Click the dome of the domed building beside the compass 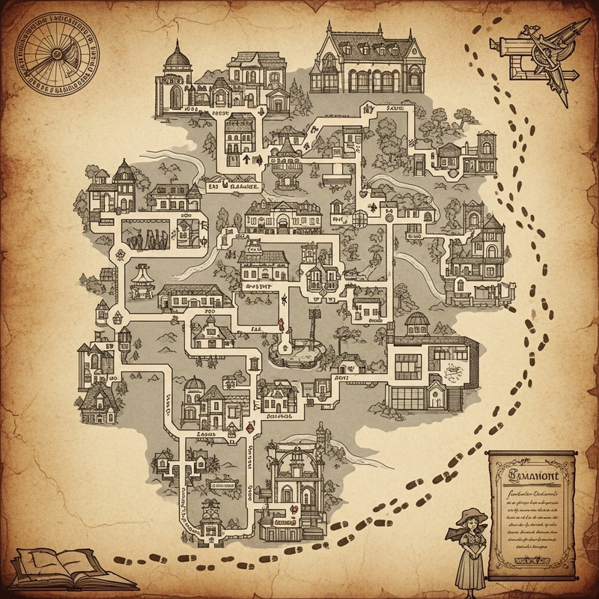[x=177, y=55]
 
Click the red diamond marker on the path [x=251, y=428]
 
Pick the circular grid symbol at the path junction [x=360, y=217]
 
